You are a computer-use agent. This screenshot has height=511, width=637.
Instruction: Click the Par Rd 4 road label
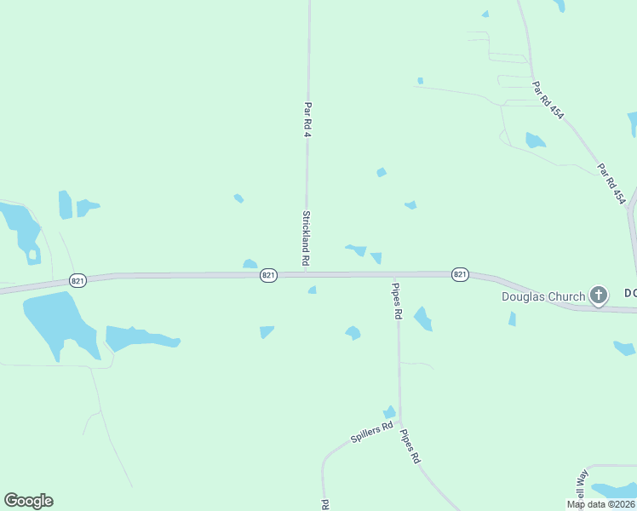click(307, 121)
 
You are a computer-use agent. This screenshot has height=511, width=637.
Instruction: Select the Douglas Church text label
click(542, 296)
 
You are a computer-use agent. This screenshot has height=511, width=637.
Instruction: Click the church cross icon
click(599, 296)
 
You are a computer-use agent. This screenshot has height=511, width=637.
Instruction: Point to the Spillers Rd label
click(372, 433)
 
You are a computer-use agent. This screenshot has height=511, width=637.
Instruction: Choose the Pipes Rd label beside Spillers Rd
click(410, 445)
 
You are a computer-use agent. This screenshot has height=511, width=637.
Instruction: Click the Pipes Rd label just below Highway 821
click(397, 301)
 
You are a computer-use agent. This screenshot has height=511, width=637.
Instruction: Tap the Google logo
click(28, 501)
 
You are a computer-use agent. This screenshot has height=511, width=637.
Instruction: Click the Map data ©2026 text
click(600, 504)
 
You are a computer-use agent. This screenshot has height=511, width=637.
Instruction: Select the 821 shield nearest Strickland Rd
click(269, 274)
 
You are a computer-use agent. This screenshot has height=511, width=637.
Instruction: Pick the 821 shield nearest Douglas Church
click(460, 274)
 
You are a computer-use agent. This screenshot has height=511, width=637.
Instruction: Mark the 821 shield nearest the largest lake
click(77, 279)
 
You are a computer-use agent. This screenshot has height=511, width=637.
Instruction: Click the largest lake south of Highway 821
click(56, 320)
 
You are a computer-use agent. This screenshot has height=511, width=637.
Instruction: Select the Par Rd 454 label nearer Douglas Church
click(611, 184)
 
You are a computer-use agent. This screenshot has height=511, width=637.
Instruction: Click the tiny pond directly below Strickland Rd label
click(313, 290)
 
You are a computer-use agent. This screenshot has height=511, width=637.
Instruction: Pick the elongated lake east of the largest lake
click(139, 338)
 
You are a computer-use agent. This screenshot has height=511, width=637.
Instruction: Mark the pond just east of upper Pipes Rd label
click(423, 319)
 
